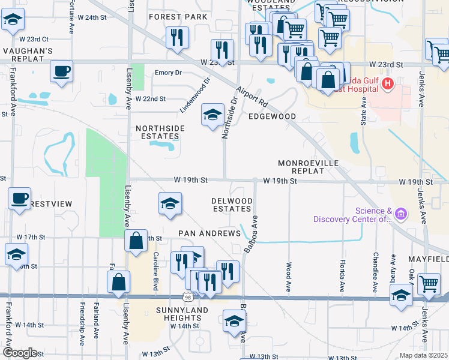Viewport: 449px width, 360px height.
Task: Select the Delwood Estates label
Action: pyautogui.click(x=231, y=205)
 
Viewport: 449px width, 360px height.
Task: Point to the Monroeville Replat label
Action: pyautogui.click(x=309, y=167)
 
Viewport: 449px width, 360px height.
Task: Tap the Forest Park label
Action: pyautogui.click(x=178, y=17)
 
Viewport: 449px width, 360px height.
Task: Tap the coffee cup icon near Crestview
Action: pyautogui.click(x=19, y=198)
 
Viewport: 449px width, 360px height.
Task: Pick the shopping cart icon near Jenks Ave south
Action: pyautogui.click(x=429, y=284)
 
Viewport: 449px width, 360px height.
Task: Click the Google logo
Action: pyautogui.click(x=20, y=353)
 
